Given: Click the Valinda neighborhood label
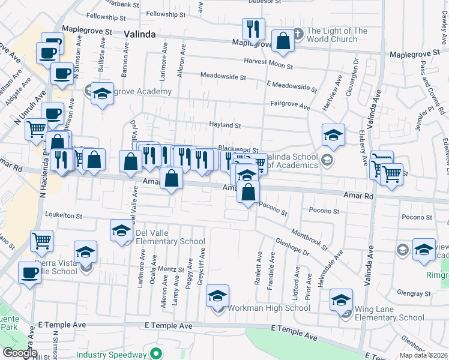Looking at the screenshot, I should coord(140,34).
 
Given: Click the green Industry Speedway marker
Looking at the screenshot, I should coord(157,354).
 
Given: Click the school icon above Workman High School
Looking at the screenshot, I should coord(218,295).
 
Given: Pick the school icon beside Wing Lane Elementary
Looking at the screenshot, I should coord(342,299).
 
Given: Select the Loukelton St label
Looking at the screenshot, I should coord(64,215).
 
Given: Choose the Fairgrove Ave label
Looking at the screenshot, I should coord(290,104).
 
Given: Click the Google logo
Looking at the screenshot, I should coord(20,353).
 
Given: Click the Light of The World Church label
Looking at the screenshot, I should coord(336,35).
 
